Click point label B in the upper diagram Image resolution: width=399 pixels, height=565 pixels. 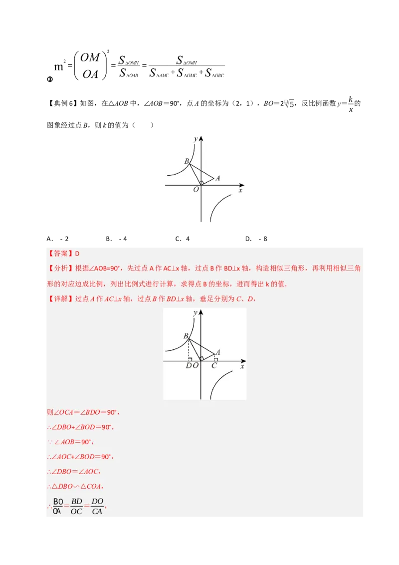[x=186, y=161]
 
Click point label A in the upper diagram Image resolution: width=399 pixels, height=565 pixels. [x=217, y=178]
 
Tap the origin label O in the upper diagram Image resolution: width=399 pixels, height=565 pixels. [x=196, y=190]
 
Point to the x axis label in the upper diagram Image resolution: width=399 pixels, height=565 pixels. [x=240, y=190]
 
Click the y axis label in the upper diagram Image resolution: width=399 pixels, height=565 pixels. [x=197, y=138]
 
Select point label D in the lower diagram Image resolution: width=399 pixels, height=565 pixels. [x=188, y=366]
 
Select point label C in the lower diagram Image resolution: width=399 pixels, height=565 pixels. [x=214, y=366]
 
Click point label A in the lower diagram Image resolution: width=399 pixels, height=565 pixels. [x=217, y=352]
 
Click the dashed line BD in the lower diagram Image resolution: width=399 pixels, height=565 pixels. [x=189, y=349]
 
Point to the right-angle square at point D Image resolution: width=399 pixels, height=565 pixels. [x=191, y=358]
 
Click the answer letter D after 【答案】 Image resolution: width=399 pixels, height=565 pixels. [x=77, y=254]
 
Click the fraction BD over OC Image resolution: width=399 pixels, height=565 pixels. [x=76, y=506]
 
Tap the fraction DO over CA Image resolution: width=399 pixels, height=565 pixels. [x=97, y=506]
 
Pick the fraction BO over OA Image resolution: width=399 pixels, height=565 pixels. [x=58, y=506]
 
